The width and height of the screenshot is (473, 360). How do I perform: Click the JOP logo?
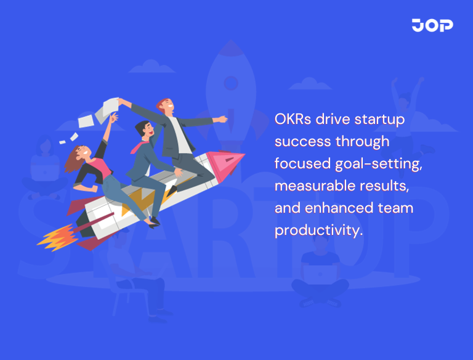(x=432, y=25)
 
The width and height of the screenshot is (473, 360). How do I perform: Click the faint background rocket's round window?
(x=230, y=82)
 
